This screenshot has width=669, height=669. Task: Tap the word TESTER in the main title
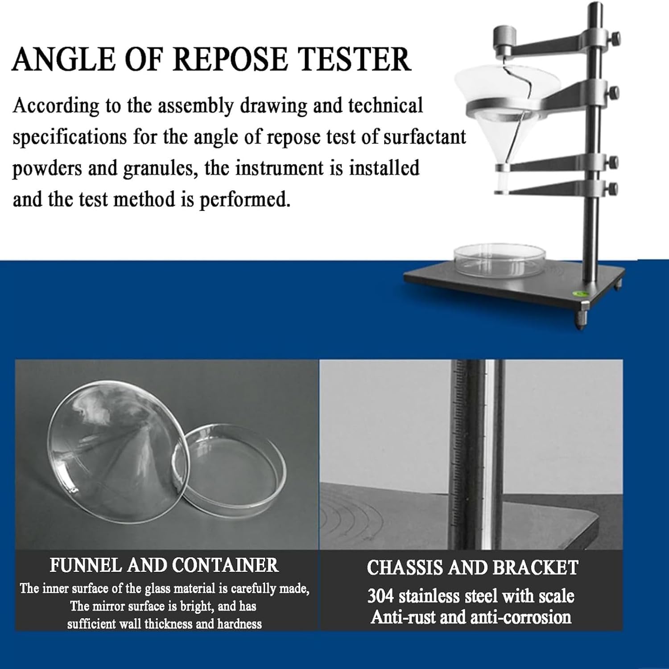(354, 59)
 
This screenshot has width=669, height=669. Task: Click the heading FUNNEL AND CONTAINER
(164, 565)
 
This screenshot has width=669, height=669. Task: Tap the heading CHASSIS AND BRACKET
(472, 567)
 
